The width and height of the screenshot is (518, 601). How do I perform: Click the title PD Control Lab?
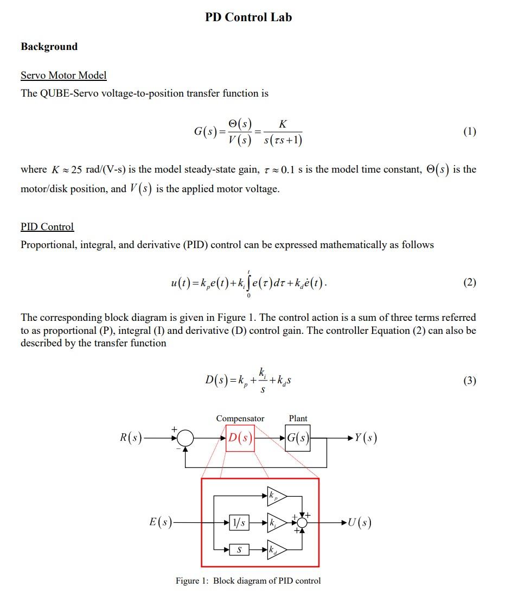click(248, 17)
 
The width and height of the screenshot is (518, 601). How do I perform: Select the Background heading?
click(49, 47)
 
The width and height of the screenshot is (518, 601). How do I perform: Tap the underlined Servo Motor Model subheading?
click(63, 75)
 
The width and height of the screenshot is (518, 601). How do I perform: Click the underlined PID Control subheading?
click(47, 227)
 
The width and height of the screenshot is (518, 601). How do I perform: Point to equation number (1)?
click(470, 131)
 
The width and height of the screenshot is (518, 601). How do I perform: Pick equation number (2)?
click(470, 282)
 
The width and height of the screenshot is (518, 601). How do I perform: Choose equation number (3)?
click(470, 381)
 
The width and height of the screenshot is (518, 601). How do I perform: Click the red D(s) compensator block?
click(240, 438)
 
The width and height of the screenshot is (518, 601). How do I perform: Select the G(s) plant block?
click(298, 438)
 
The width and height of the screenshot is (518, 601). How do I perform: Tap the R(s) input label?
click(131, 438)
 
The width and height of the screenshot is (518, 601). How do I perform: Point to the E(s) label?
click(161, 522)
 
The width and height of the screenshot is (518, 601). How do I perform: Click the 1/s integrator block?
click(239, 523)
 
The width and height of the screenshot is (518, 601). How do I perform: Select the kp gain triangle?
click(275, 495)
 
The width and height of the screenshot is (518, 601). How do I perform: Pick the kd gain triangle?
click(275, 550)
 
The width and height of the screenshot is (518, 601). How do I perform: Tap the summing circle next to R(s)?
click(186, 438)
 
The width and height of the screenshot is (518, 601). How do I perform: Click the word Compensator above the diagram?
click(240, 419)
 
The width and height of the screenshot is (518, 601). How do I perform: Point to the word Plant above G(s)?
click(298, 419)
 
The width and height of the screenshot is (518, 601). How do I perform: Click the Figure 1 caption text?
click(248, 581)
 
